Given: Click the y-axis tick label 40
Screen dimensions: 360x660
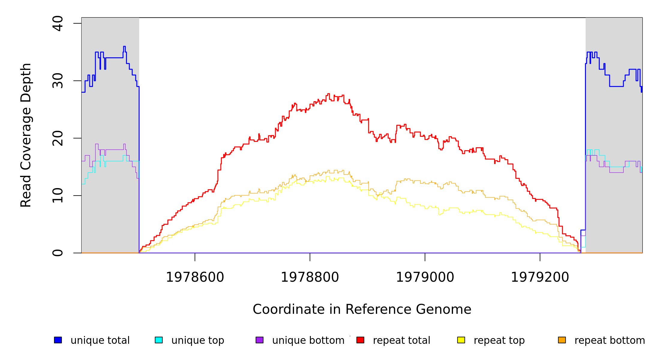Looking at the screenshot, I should [x=58, y=23].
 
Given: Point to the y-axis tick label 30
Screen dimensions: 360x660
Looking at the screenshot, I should [x=58, y=81].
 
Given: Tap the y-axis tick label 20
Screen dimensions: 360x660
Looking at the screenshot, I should [x=58, y=138].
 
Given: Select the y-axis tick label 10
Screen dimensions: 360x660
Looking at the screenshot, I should [x=58, y=196].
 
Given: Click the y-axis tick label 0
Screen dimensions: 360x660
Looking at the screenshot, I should [x=58, y=253].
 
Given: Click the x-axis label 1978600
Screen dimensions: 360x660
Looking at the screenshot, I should [x=195, y=277].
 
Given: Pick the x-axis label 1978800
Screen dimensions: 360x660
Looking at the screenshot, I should [x=310, y=277].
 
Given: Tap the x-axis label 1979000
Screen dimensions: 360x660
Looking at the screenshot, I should [x=425, y=277].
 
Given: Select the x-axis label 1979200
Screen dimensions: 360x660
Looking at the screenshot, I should [x=540, y=277].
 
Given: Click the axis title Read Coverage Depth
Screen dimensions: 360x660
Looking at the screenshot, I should [x=26, y=135].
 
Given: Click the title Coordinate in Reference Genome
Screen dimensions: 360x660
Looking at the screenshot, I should [x=362, y=309].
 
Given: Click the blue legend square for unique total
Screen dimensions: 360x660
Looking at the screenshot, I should [x=58, y=340].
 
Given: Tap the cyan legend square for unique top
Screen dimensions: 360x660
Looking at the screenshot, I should [x=159, y=340].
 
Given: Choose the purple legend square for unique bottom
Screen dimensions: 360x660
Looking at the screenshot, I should [x=259, y=340].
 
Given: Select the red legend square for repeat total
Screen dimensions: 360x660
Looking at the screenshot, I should [x=360, y=340].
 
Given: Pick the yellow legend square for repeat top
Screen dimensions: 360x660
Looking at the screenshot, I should [x=461, y=340].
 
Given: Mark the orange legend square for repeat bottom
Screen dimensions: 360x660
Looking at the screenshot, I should [x=562, y=340].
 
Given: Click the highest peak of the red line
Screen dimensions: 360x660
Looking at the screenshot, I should [x=328, y=94].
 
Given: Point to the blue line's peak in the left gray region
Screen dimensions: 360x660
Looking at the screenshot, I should [x=124, y=46].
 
